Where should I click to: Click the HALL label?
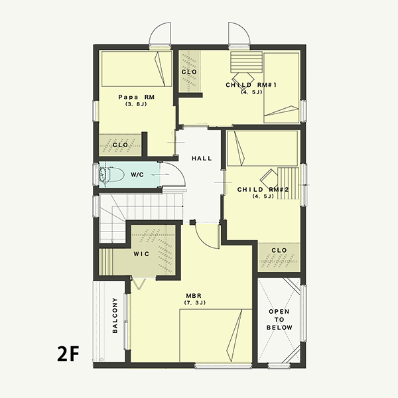click(x=202, y=159)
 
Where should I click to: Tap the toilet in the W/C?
click(x=111, y=174)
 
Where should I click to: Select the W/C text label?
click(x=137, y=174)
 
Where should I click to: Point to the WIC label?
click(x=141, y=254)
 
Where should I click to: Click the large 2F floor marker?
click(x=68, y=354)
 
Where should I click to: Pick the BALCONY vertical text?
click(x=115, y=316)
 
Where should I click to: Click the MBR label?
click(x=194, y=296)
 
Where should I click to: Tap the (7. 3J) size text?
click(x=194, y=302)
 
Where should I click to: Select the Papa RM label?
click(x=136, y=97)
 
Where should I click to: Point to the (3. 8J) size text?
click(x=136, y=104)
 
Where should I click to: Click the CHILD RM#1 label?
click(x=251, y=85)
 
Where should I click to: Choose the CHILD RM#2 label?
click(x=263, y=189)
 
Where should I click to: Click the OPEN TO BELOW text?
click(x=279, y=319)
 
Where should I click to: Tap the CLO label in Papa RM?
click(x=120, y=145)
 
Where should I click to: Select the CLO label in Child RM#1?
click(x=189, y=72)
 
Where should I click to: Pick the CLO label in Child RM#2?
click(x=279, y=250)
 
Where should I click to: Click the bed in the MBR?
click(x=216, y=336)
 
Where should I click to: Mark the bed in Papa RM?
click(x=137, y=69)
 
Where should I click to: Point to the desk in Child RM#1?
click(x=246, y=62)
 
